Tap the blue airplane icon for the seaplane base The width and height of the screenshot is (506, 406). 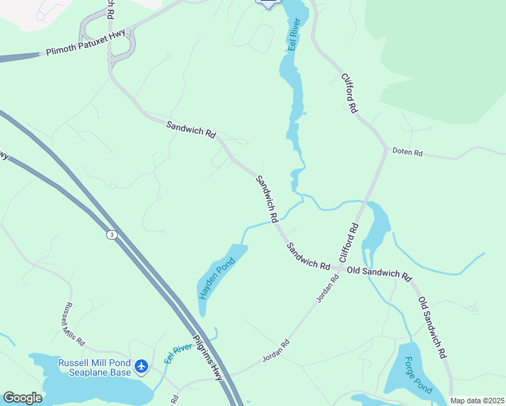141,367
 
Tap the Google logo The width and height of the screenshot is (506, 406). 22,398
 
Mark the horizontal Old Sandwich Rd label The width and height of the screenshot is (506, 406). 379,273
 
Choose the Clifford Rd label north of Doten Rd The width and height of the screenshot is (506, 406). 349,93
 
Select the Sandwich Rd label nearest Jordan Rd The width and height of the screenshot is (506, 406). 308,256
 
